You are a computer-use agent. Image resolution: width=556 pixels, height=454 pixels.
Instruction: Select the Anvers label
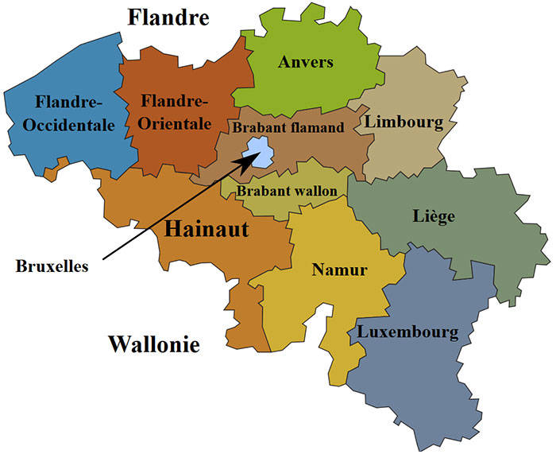pyautogui.click(x=305, y=62)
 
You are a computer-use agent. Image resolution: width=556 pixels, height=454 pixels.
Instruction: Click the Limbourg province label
pyautogui.click(x=403, y=122)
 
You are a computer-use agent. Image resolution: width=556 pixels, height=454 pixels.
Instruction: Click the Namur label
pyautogui.click(x=339, y=270)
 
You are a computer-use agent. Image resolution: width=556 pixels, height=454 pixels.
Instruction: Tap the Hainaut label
pyautogui.click(x=207, y=231)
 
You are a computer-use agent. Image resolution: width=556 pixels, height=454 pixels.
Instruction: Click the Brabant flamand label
pyautogui.click(x=288, y=127)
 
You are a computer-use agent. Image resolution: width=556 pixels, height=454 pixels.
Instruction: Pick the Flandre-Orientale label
pyautogui.click(x=175, y=112)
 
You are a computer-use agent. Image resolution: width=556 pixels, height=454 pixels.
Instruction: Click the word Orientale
pyautogui.click(x=175, y=124)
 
